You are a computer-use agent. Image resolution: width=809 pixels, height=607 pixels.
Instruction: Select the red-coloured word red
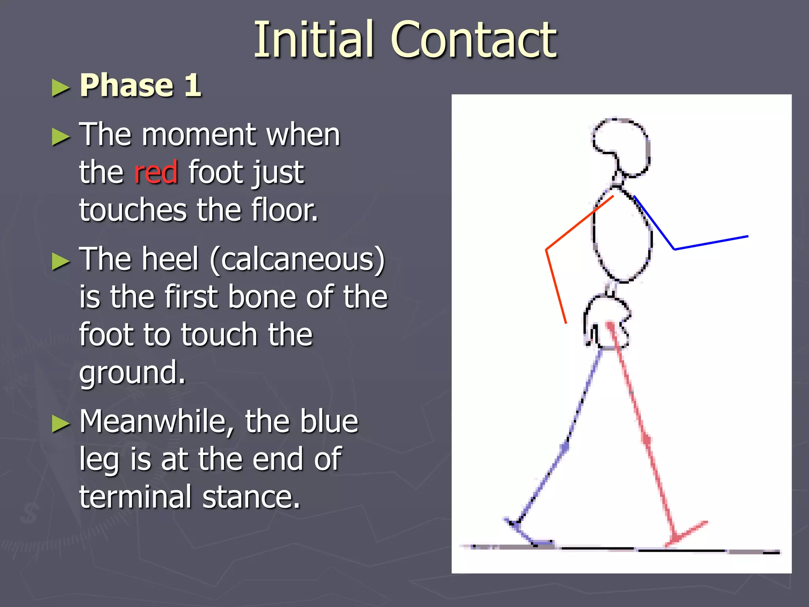click(x=156, y=173)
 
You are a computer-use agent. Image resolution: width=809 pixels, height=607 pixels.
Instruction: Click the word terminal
click(x=135, y=497)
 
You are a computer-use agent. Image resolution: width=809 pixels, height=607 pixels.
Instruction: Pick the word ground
click(x=132, y=372)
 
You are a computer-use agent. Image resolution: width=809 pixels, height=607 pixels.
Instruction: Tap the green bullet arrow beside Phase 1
click(x=60, y=88)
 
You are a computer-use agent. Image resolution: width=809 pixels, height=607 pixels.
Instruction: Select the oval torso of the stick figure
click(x=623, y=237)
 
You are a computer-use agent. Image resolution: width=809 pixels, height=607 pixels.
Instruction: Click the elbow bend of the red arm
click(x=547, y=250)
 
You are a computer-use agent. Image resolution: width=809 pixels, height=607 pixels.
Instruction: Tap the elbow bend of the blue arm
click(x=674, y=249)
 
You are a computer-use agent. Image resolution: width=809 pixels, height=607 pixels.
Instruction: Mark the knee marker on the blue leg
click(x=565, y=448)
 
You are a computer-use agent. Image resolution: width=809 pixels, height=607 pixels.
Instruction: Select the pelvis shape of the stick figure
click(x=607, y=322)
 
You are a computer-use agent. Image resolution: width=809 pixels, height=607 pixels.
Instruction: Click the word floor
click(x=284, y=210)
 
